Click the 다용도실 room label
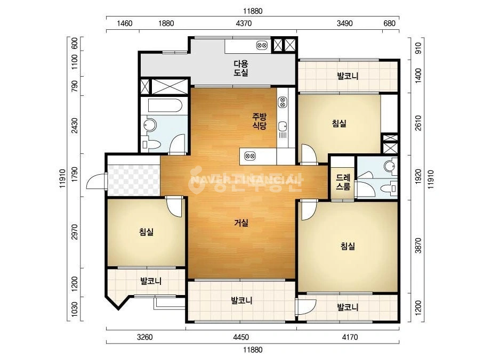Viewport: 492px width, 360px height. tap(241, 68)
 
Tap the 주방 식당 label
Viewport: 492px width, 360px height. tap(260, 121)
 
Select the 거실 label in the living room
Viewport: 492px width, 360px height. tap(241, 223)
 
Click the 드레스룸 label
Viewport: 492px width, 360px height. tap(343, 182)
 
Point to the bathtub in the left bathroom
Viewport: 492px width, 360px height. tap(164, 105)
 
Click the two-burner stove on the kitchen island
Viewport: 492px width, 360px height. tap(250, 156)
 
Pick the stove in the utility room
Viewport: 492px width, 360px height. tap(262, 45)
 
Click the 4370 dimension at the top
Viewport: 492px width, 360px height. tap(244, 23)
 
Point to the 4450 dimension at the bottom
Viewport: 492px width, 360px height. tap(241, 337)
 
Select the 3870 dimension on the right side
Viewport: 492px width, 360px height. tap(418, 246)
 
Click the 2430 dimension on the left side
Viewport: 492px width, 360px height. tap(75, 125)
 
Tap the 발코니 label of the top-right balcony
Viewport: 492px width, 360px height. tap(348, 76)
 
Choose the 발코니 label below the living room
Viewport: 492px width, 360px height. tap(241, 301)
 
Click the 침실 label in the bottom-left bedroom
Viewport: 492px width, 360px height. tap(147, 232)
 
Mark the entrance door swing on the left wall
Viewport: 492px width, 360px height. tap(96, 182)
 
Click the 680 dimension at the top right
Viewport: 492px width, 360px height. tap(390, 23)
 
